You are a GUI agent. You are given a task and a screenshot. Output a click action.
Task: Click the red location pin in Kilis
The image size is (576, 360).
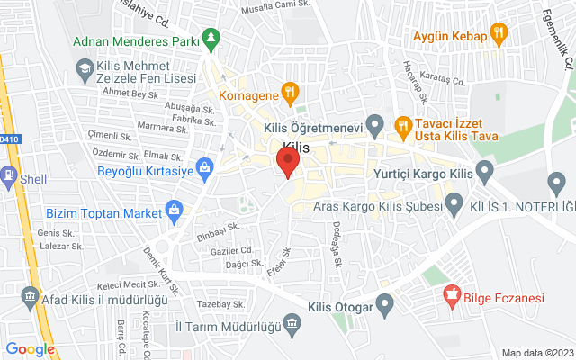[287, 163]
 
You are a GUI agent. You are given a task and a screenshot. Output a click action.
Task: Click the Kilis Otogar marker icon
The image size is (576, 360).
[385, 307]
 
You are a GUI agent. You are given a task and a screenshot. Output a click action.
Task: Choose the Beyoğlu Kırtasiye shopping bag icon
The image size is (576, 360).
[205, 167]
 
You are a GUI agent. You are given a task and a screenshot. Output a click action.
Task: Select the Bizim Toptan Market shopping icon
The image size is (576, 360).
[175, 213]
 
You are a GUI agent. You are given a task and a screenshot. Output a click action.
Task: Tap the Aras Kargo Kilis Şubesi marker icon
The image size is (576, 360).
[454, 205]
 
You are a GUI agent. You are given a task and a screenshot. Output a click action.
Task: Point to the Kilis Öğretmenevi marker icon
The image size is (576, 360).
[377, 123]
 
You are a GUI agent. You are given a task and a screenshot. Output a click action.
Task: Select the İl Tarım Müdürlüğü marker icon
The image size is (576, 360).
[292, 323]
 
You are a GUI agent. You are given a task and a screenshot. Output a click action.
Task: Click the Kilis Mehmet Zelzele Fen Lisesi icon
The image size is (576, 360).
[84, 67]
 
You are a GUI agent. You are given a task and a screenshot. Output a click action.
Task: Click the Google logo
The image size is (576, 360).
[30, 349]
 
